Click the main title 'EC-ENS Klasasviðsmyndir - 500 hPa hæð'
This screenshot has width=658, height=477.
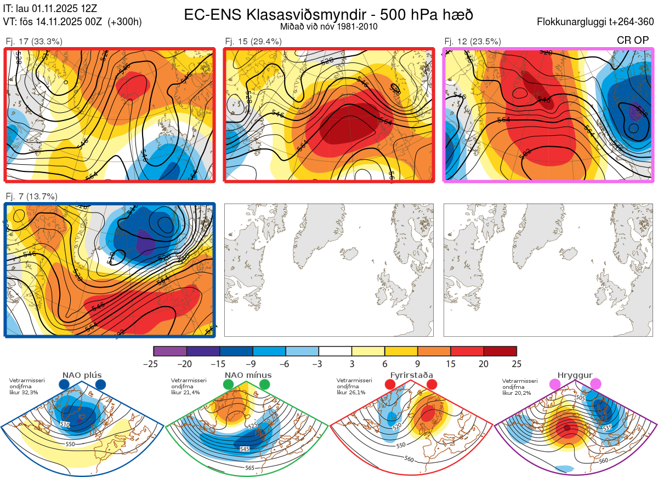click(328, 15)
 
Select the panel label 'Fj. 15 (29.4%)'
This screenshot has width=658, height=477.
click(253, 41)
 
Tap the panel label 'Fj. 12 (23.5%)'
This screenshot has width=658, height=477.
click(473, 41)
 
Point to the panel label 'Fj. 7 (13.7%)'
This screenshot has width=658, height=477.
click(32, 197)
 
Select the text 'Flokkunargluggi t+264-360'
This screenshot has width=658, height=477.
click(597, 22)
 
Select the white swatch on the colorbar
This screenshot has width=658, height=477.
click(335, 351)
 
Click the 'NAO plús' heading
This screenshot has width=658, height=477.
click(82, 376)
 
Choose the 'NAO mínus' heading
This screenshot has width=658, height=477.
click(248, 376)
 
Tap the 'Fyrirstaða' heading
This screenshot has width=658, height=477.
click(411, 376)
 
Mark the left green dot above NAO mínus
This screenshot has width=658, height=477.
click(229, 385)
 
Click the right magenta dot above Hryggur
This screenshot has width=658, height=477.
click(595, 384)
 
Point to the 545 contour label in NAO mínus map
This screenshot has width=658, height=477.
click(245, 449)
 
